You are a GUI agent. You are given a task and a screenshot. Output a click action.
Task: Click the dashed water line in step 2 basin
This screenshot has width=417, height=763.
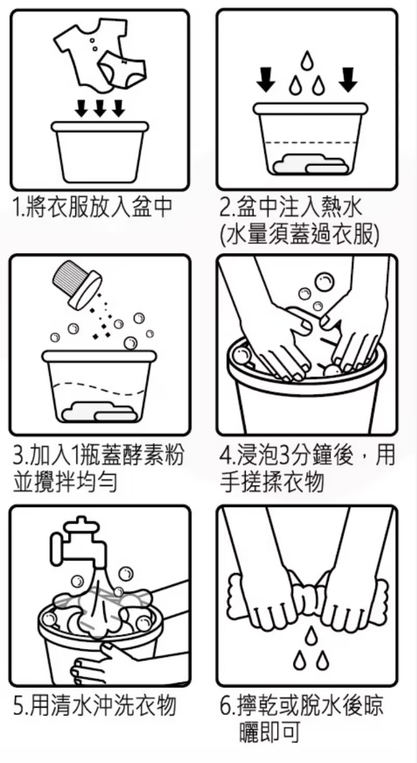click(309, 143)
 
